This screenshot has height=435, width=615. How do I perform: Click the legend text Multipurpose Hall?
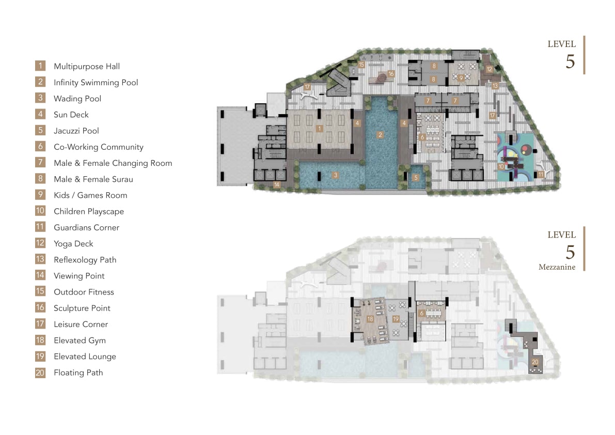pyautogui.click(x=87, y=66)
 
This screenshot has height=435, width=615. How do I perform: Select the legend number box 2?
pyautogui.click(x=40, y=82)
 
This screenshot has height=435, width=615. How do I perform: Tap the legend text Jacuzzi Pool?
pyautogui.click(x=76, y=131)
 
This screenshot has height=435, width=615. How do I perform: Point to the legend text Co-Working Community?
pyautogui.click(x=99, y=147)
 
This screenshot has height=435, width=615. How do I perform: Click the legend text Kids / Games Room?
pyautogui.click(x=90, y=195)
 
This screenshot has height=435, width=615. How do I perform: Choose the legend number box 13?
pyautogui.click(x=40, y=259)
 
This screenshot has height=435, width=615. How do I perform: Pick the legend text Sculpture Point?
pyautogui.click(x=82, y=308)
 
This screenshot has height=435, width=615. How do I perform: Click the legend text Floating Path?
pyautogui.click(x=78, y=372)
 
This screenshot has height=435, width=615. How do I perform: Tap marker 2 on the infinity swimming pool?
pyautogui.click(x=380, y=135)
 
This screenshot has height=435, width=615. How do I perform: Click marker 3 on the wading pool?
pyautogui.click(x=335, y=175)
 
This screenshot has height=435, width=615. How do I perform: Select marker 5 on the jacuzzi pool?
pyautogui.click(x=416, y=178)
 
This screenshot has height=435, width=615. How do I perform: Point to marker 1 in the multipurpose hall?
pyautogui.click(x=320, y=129)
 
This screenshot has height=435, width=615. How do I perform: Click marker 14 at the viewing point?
pyautogui.click(x=277, y=184)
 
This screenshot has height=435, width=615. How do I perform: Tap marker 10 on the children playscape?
pyautogui.click(x=501, y=167)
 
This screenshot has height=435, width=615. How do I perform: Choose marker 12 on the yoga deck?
pyautogui.click(x=489, y=69)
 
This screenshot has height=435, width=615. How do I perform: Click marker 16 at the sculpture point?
pyautogui.click(x=391, y=74)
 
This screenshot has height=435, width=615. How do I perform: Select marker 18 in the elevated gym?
pyautogui.click(x=370, y=319)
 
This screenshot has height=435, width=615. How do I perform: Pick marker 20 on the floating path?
pyautogui.click(x=535, y=362)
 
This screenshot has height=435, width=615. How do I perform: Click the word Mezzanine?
pyautogui.click(x=557, y=267)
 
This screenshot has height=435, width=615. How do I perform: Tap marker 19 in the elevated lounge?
pyautogui.click(x=396, y=319)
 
